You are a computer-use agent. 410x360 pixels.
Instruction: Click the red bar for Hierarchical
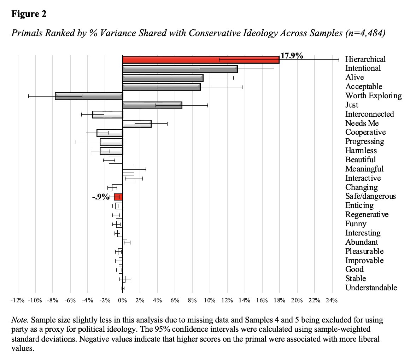coord(200,59)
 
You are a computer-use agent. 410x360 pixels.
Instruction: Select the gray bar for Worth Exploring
coord(89,96)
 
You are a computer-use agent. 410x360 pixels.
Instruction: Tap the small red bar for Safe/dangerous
coord(118,197)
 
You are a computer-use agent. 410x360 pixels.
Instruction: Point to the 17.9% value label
coord(292,56)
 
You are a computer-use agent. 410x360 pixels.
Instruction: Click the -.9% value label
coord(101,197)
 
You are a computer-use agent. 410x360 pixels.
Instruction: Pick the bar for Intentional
coord(180,69)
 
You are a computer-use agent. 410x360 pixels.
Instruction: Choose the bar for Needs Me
coord(136,124)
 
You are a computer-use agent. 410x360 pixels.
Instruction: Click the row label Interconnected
coord(369,114)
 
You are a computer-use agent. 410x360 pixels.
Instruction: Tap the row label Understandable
coord(371,288)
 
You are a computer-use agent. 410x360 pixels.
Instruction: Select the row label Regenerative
coord(367,215)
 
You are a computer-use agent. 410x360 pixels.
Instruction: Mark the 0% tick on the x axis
coord(122,301)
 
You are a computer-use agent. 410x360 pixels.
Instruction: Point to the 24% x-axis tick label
coord(332,301)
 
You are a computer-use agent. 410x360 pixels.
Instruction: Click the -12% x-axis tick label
coord(17,301)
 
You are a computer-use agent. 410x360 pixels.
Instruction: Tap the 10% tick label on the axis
coord(210,301)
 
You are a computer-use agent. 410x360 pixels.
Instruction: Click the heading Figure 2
coord(29,14)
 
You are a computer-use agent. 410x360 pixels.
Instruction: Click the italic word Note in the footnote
coord(19,320)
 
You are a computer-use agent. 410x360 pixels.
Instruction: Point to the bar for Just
coord(152,105)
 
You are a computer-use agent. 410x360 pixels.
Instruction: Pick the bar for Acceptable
coord(161,87)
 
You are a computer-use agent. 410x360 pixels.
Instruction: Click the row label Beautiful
coord(361,160)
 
